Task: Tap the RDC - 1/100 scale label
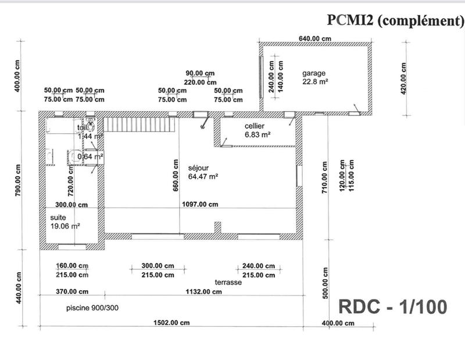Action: (x=392, y=306)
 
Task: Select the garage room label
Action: (x=314, y=74)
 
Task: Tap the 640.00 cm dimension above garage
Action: (x=314, y=38)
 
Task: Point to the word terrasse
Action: (x=228, y=282)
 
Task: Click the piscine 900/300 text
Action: (x=92, y=308)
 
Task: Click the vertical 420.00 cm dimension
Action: (x=403, y=77)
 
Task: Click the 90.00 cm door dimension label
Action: (x=200, y=73)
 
